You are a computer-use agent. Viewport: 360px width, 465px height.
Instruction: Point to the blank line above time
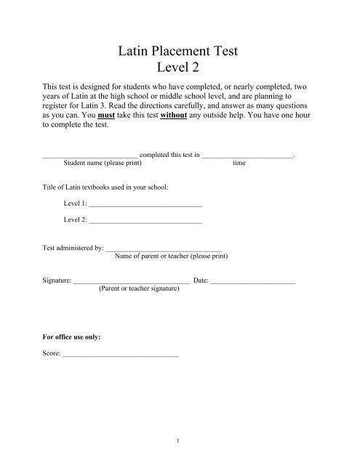tap(247, 155)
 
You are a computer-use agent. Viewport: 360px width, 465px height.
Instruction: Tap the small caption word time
tap(239, 163)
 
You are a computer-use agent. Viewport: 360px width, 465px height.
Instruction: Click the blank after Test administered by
tap(164, 249)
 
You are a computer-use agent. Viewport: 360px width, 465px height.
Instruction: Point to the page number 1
tap(179, 440)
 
